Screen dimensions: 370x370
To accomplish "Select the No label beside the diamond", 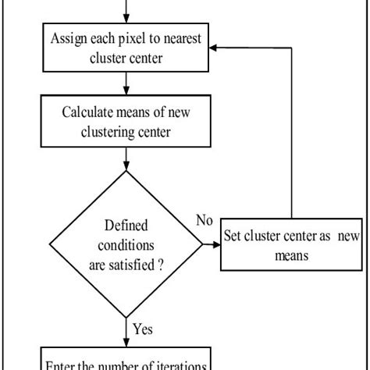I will point(205,221).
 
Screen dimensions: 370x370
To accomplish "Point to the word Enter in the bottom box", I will point(62,365).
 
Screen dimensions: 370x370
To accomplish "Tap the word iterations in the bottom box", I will point(178,365).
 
